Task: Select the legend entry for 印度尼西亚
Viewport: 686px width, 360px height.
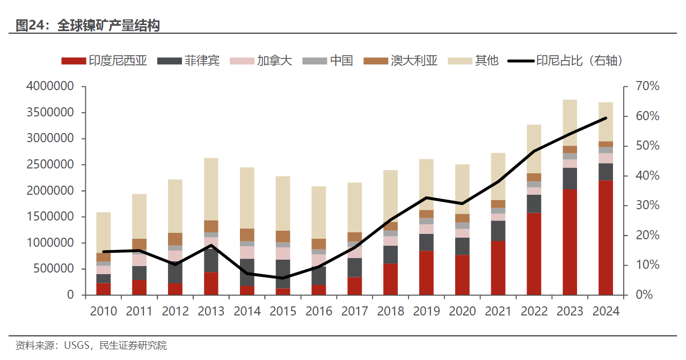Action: pyautogui.click(x=105, y=61)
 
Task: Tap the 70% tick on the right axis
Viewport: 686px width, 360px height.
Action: pyautogui.click(x=647, y=87)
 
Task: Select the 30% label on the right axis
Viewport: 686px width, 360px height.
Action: pyautogui.click(x=647, y=206)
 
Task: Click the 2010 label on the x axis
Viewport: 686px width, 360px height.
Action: pyautogui.click(x=104, y=311)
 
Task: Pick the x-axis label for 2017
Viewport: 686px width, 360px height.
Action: pyautogui.click(x=355, y=311)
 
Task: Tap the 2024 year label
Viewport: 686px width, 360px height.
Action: pyautogui.click(x=606, y=311)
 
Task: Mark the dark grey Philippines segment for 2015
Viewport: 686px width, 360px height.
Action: pyautogui.click(x=283, y=274)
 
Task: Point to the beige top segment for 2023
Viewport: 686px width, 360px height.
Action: pyautogui.click(x=570, y=122)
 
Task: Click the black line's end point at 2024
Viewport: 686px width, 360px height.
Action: pyautogui.click(x=605, y=118)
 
